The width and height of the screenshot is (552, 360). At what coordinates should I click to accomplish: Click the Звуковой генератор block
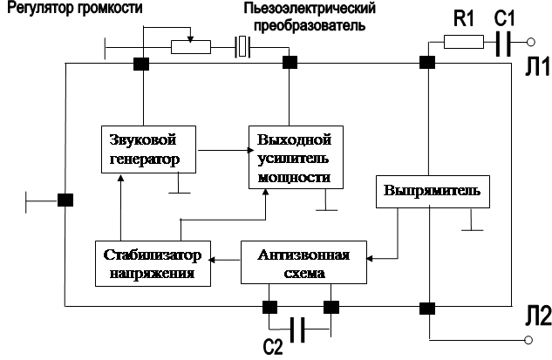[147, 151]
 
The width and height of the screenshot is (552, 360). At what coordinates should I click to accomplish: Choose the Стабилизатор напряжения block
[153, 263]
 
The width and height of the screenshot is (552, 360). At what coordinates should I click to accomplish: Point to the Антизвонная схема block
[303, 263]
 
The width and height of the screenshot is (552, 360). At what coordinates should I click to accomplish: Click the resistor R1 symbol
[463, 42]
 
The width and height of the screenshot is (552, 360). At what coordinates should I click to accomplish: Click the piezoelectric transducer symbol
[243, 47]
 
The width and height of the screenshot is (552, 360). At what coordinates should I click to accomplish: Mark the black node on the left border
[65, 199]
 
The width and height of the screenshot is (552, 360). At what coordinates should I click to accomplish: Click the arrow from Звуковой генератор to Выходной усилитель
[221, 150]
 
